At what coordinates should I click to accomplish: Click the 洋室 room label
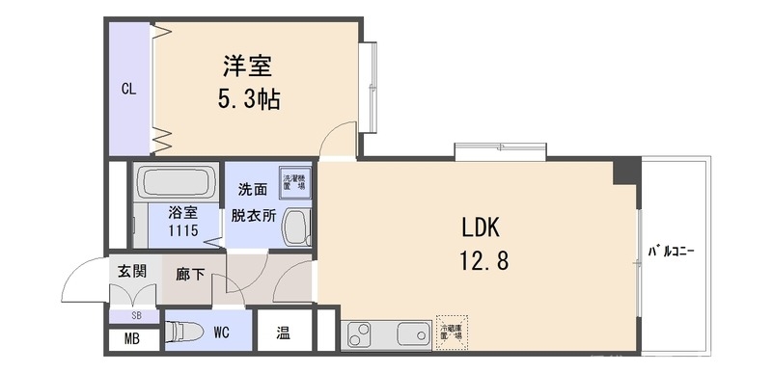tap(248, 67)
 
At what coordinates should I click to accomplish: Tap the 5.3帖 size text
tap(248, 98)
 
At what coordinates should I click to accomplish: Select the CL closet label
tap(128, 89)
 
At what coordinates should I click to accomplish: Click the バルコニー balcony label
tap(671, 253)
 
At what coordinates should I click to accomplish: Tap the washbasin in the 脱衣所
tap(297, 228)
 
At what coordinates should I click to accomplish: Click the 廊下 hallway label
tap(189, 275)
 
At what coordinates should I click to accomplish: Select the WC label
tap(221, 333)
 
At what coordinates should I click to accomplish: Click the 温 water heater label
tap(284, 333)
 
